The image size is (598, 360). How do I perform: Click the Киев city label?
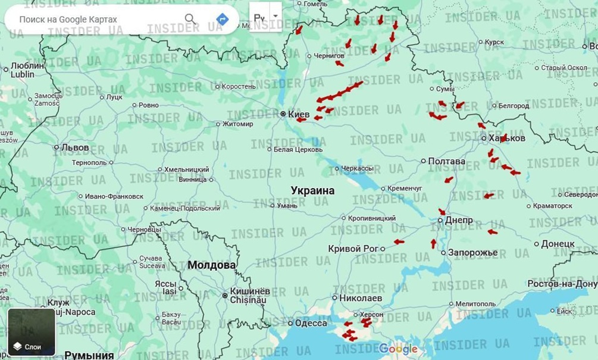tap(299, 114)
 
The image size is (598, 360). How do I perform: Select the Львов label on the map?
tap(75, 147)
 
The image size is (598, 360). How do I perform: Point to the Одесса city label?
tap(311, 323)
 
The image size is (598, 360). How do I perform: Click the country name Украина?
tap(312, 190)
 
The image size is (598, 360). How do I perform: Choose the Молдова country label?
tap(211, 265)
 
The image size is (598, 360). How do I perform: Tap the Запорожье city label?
tap(472, 252)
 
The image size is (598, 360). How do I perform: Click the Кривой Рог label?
tap(353, 248)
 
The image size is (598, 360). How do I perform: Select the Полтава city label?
tap(446, 161)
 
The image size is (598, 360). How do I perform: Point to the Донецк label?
tap(558, 243)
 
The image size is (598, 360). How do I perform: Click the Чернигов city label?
tap(328, 56)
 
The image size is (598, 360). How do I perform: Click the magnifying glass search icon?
tap(190, 19)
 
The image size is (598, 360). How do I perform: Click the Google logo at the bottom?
tap(398, 349)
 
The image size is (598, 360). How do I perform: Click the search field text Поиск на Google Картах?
tap(68, 19)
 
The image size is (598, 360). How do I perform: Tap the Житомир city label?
tap(237, 124)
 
